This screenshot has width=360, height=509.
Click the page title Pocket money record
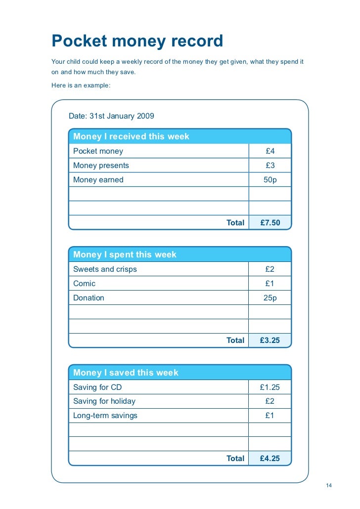[137, 42]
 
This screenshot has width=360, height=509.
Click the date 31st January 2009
[111, 116]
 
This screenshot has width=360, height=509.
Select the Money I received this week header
[131, 136]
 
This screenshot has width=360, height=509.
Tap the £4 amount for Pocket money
[270, 151]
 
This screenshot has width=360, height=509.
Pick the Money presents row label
[101, 166]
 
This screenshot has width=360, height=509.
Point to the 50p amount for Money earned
[270, 180]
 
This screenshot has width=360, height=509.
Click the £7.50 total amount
[270, 223]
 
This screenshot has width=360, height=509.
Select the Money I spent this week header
[125, 254]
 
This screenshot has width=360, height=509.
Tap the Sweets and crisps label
[105, 269]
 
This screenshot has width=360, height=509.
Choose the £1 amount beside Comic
[270, 284]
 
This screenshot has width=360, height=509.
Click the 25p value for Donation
[270, 298]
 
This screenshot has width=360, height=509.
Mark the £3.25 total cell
[270, 340]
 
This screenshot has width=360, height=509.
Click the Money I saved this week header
[126, 373]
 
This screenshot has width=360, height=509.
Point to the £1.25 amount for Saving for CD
[270, 387]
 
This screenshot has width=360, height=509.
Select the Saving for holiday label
[104, 401]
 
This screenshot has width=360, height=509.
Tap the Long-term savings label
[105, 416]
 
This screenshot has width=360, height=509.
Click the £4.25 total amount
[270, 459]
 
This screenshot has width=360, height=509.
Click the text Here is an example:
[81, 85]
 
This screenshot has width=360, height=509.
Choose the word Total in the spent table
[235, 340]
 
